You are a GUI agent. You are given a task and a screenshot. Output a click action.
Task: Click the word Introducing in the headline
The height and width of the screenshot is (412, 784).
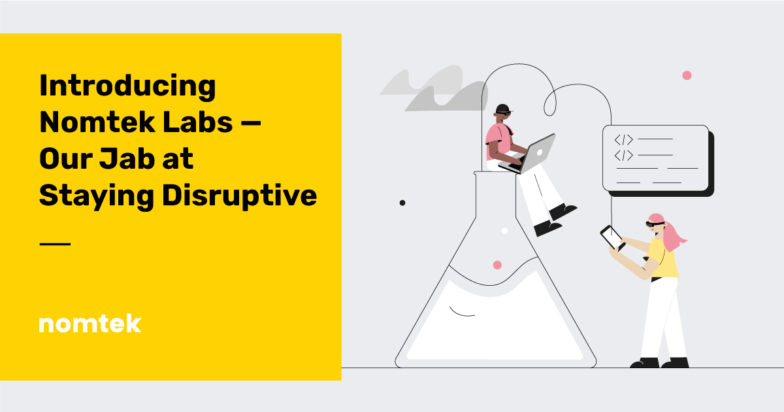(x=127, y=86)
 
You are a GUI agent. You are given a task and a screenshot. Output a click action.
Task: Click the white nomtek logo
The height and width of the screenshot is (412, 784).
(x=90, y=323)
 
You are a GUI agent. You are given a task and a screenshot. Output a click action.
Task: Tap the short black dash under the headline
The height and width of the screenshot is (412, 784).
(x=54, y=244)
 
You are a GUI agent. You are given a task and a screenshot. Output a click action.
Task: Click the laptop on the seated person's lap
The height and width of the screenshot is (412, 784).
(x=534, y=153)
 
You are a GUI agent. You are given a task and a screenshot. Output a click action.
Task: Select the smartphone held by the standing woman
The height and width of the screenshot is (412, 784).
(x=612, y=237)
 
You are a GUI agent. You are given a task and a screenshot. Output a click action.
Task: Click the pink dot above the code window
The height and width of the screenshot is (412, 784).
(x=687, y=75)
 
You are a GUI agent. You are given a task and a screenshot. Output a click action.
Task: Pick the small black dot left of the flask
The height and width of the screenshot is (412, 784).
(x=402, y=203)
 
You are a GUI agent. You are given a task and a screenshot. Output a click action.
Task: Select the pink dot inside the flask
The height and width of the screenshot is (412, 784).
(x=497, y=265)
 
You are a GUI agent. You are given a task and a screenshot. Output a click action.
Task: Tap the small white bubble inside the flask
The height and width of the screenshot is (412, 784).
(x=504, y=231)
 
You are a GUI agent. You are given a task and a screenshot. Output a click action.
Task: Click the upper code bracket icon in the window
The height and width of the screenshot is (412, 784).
(x=623, y=139)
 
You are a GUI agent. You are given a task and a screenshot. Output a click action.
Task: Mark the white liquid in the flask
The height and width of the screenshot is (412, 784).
(x=497, y=320)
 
